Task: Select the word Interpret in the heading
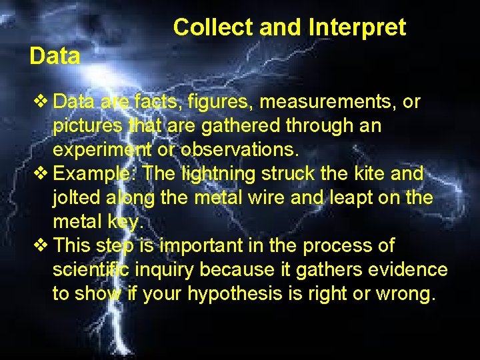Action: (x=357, y=27)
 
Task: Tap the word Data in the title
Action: (x=55, y=56)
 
